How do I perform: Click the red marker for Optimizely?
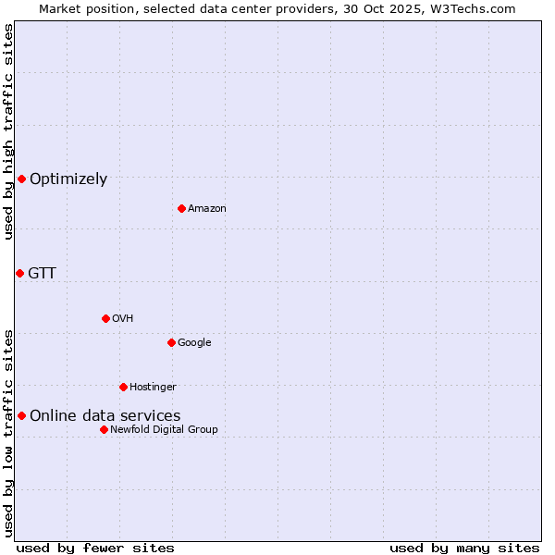tap(21, 179)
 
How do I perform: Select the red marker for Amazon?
tap(181, 208)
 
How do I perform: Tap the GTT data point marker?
tap(19, 273)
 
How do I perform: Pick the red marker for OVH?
tap(105, 318)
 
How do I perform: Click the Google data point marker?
tap(171, 342)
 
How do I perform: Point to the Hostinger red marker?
tap(123, 387)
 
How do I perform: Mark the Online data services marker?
tap(21, 415)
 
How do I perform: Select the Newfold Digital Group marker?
tap(104, 429)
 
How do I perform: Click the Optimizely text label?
tap(68, 179)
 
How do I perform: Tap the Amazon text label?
tap(207, 209)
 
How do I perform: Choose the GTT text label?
tap(42, 274)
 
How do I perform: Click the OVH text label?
tap(123, 319)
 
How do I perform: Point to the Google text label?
tap(194, 343)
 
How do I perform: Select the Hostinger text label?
tap(153, 388)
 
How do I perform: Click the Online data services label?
tap(105, 416)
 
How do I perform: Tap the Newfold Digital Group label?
tap(164, 430)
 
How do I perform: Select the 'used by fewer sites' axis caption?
tap(95, 548)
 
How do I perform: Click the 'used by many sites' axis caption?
tap(464, 548)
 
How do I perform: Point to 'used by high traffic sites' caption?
tap(8, 131)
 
